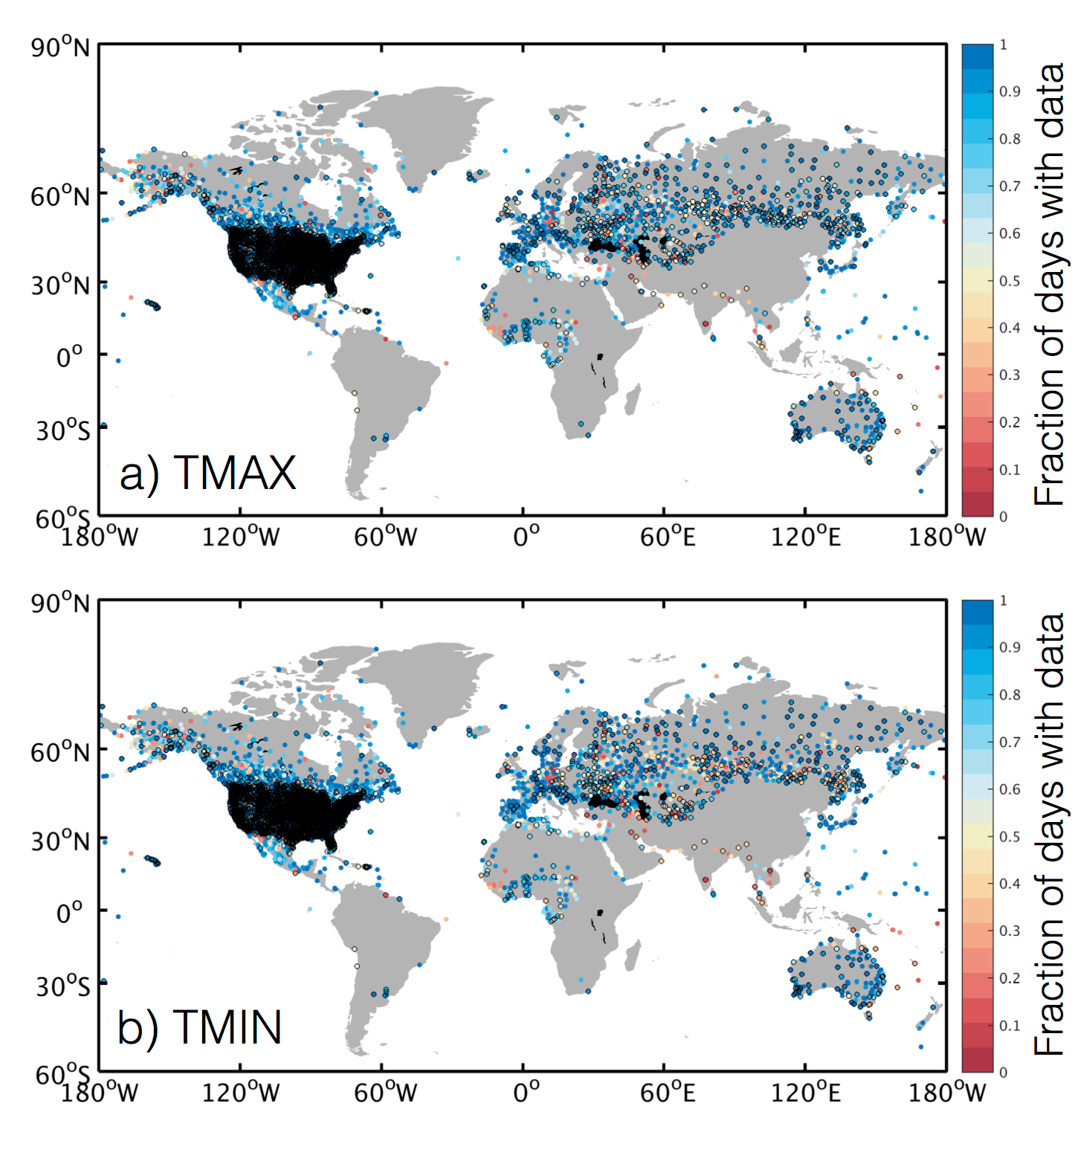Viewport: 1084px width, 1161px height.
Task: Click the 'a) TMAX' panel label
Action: point(207,473)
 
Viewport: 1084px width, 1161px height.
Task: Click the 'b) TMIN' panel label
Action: point(199,1028)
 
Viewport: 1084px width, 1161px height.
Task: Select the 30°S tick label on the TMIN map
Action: point(62,987)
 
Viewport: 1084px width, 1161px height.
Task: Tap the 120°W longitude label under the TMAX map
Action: point(240,536)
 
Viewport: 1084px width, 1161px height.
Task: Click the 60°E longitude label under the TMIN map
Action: point(667,1092)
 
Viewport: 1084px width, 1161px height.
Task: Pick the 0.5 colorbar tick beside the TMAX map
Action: point(1009,281)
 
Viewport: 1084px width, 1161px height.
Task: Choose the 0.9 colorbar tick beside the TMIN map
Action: point(1009,647)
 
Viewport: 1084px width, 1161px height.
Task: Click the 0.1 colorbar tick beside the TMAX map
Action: point(1009,470)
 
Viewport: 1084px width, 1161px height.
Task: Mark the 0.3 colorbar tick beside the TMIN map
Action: point(1009,931)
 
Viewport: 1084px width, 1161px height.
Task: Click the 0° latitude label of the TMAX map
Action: point(70,357)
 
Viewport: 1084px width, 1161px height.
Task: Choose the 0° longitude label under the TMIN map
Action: point(526,1092)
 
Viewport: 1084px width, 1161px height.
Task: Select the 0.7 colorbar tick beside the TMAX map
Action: point(1009,186)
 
